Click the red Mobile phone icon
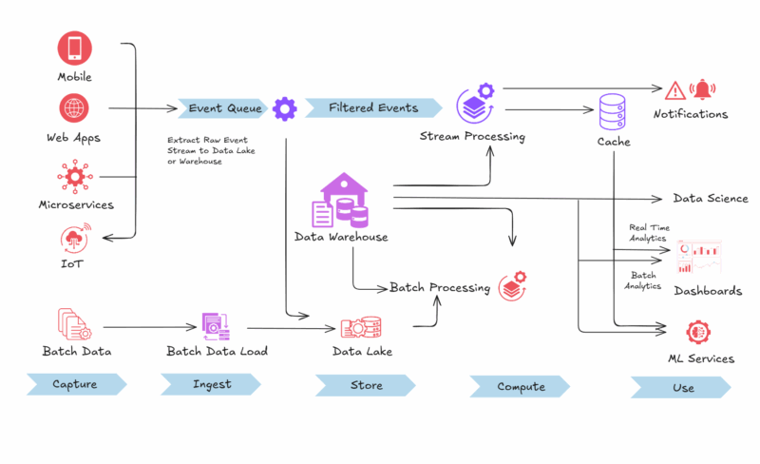[74, 48]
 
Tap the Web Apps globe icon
[74, 108]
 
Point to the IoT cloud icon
[74, 239]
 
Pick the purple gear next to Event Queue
[285, 108]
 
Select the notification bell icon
[703, 89]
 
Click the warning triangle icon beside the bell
[674, 90]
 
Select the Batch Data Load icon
[216, 327]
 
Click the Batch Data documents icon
[74, 324]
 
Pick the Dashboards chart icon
[698, 256]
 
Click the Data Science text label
[711, 199]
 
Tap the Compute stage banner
[520, 387]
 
